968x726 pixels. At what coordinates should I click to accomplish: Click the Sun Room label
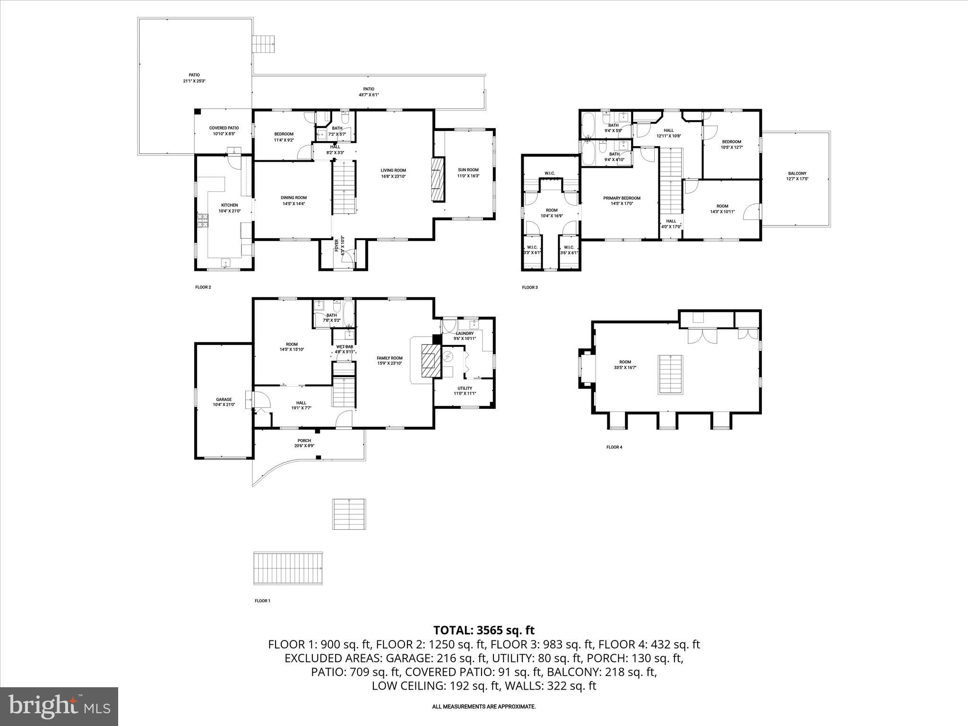[468, 170]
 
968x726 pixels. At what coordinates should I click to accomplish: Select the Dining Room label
[294, 198]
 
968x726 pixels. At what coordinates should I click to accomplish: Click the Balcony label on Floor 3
[797, 173]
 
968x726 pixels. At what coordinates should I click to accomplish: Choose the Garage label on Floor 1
[224, 399]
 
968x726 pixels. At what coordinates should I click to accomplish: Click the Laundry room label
[465, 333]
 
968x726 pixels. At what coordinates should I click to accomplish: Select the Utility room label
[465, 388]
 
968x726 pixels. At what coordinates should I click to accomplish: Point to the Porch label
[304, 441]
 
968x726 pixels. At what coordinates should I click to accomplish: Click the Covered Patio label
[224, 128]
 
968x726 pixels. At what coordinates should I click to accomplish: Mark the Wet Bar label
[345, 346]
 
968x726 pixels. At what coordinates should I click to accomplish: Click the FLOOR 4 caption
[614, 447]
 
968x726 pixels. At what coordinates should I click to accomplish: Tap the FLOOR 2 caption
[203, 287]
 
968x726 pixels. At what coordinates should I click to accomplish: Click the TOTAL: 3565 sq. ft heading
[484, 630]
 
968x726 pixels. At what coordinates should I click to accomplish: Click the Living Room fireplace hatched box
[438, 180]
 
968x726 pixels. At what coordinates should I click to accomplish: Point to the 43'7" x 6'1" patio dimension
[369, 95]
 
